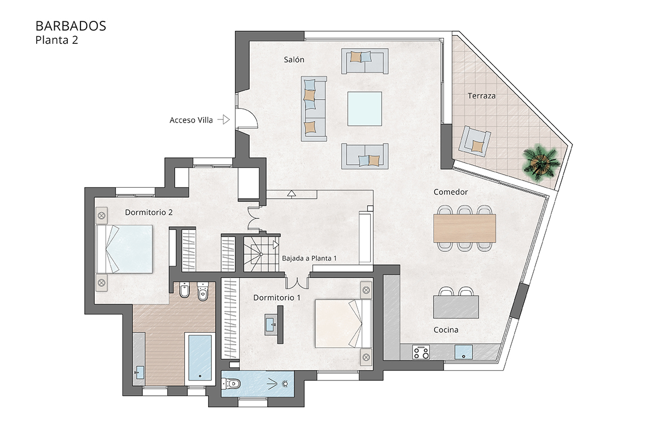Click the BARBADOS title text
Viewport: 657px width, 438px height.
(x=71, y=26)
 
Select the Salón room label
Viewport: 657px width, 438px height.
(x=293, y=60)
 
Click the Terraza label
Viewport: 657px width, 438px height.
(x=481, y=96)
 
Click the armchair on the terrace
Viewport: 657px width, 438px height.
(x=475, y=141)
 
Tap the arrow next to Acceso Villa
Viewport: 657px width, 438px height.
(x=223, y=119)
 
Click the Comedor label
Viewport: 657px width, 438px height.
(x=450, y=192)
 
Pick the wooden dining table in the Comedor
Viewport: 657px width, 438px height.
(x=464, y=228)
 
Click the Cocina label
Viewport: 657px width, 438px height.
(x=446, y=330)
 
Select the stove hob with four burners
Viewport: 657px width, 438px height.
(x=422, y=351)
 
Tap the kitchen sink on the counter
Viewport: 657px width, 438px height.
(x=464, y=351)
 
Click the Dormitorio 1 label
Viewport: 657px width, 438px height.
(x=277, y=297)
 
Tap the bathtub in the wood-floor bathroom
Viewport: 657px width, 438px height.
(x=199, y=358)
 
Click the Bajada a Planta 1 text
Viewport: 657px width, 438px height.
(x=309, y=258)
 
